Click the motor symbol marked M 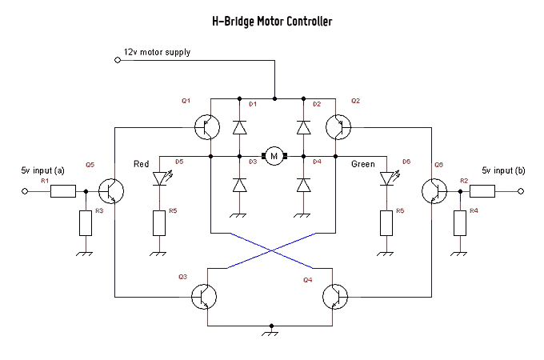pyautogui.click(x=274, y=156)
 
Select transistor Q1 pyautogui.click(x=207, y=127)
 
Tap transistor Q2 pyautogui.click(x=338, y=127)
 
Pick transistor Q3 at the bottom pyautogui.click(x=204, y=297)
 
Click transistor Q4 pyautogui.click(x=335, y=297)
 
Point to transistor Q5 pyautogui.click(x=111, y=191)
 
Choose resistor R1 pyautogui.click(x=63, y=191)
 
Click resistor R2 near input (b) pyautogui.click(x=482, y=191)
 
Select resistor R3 pyautogui.click(x=86, y=223)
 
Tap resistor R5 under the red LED pyautogui.click(x=159, y=223)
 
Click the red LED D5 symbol pyautogui.click(x=162, y=178)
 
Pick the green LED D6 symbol pyautogui.click(x=389, y=178)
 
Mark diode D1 pyautogui.click(x=239, y=127)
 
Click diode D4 pyautogui.click(x=303, y=185)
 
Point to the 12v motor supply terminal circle pyautogui.click(x=118, y=60)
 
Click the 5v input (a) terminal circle pyautogui.click(x=25, y=191)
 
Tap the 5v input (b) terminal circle pyautogui.click(x=521, y=191)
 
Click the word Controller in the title pyautogui.click(x=310, y=22)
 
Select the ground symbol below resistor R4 pyautogui.click(x=460, y=254)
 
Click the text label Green pyautogui.click(x=363, y=164)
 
